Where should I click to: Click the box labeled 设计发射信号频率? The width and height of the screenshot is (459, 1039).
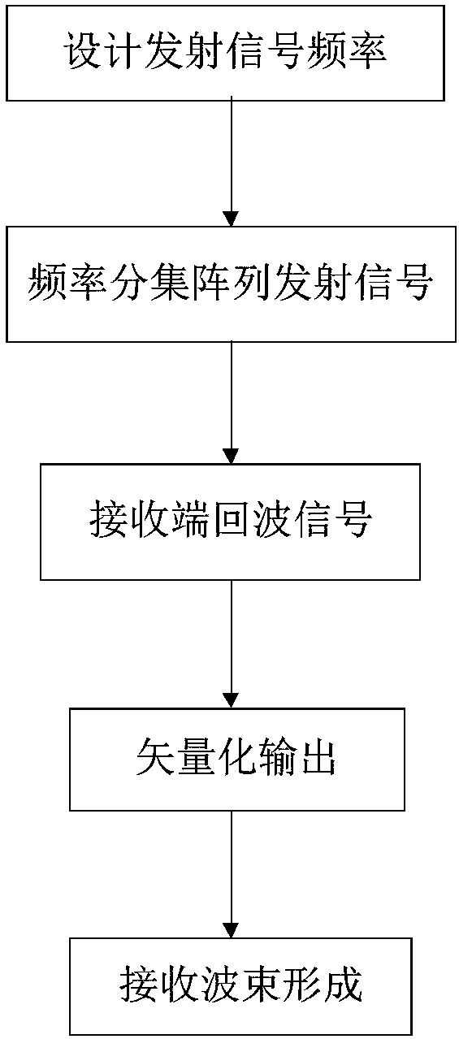click(x=225, y=54)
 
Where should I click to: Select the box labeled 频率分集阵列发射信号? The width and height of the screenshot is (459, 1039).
click(x=231, y=284)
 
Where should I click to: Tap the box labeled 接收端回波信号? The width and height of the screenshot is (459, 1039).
click(x=230, y=522)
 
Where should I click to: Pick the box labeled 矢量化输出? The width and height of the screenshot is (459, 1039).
click(x=237, y=760)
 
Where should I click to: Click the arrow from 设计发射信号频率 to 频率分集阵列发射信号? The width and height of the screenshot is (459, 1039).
click(x=231, y=161)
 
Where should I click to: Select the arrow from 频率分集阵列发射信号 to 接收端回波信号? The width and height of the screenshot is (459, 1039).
click(x=231, y=402)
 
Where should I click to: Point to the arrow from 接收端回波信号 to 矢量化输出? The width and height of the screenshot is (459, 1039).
click(x=231, y=644)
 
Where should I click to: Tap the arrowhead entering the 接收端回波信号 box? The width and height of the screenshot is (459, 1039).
click(x=231, y=457)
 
